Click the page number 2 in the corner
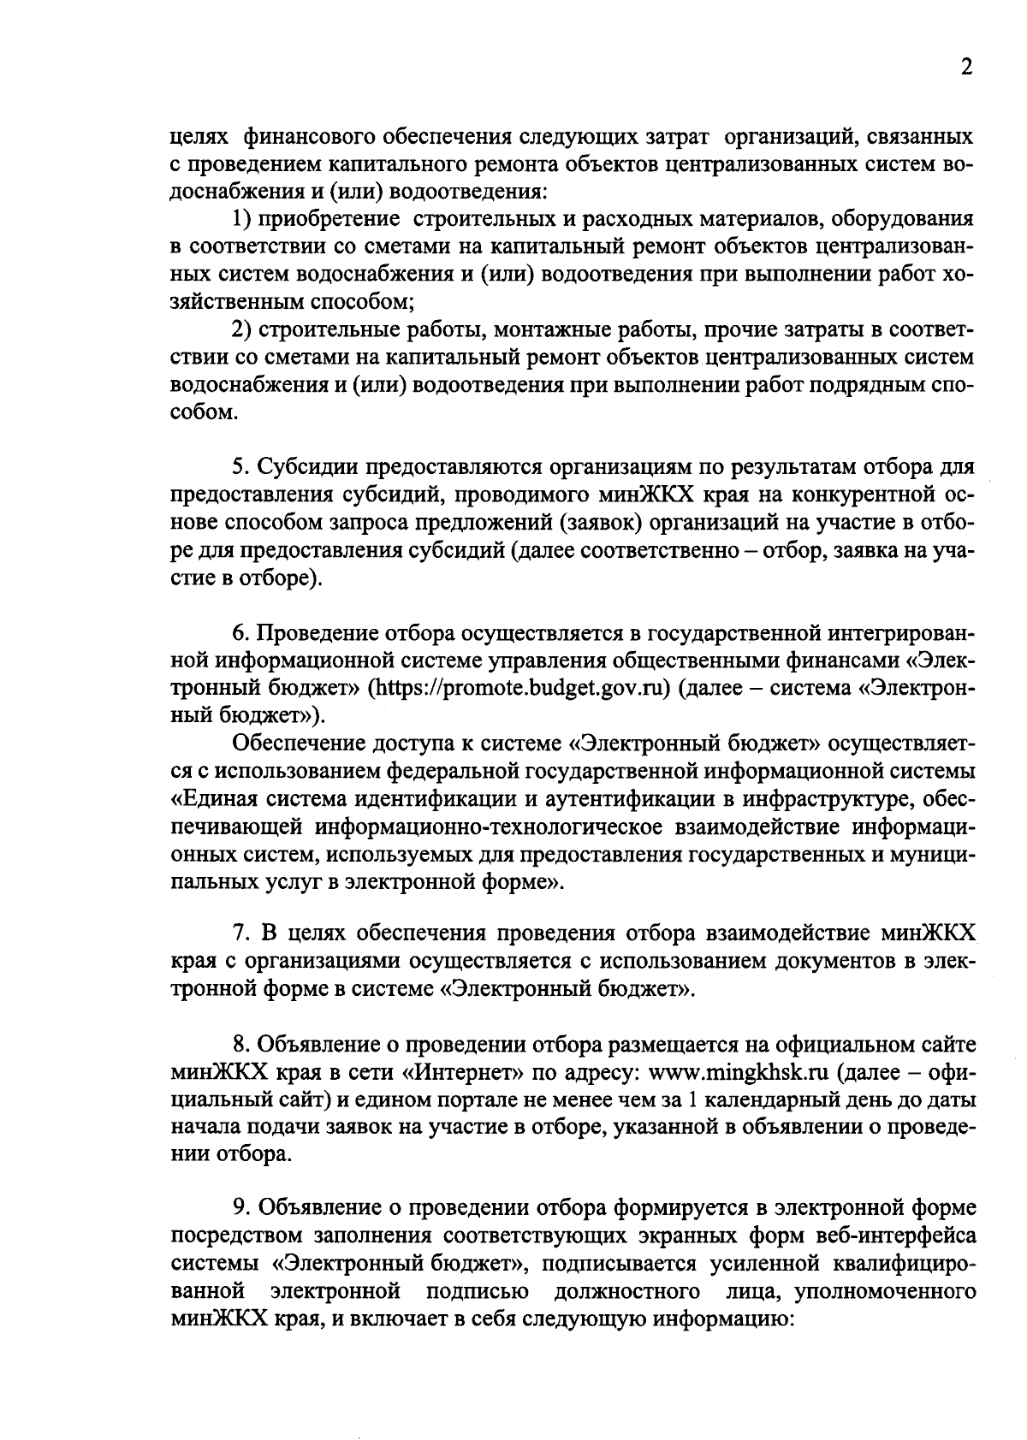click(x=966, y=68)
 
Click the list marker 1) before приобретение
click(x=244, y=220)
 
